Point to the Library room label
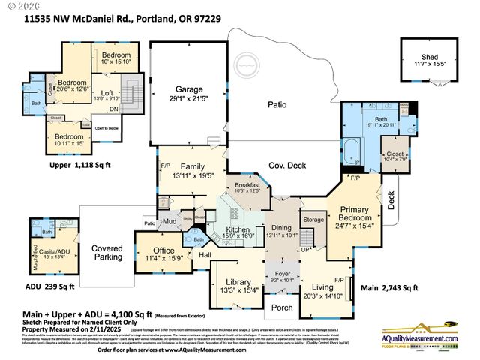point(232,283)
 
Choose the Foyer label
point(283,274)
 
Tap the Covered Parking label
point(106,252)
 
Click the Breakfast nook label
point(247,185)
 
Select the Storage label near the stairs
point(313,220)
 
